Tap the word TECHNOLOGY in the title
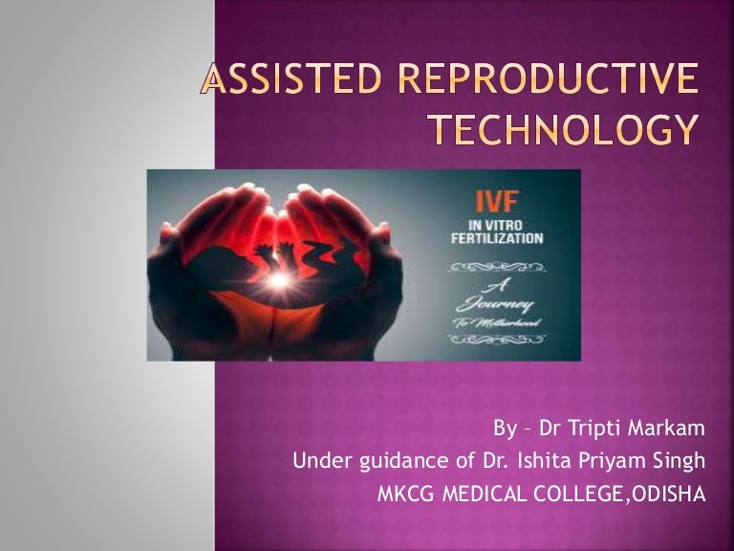562,128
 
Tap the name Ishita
539,462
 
